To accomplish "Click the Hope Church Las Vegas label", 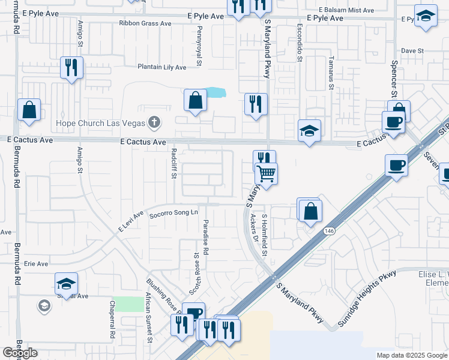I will tap(101, 123).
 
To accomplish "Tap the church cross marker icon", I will tap(154, 123).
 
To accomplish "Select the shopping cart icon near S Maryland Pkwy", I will tap(267, 175).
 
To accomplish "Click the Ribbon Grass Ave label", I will tap(145, 23).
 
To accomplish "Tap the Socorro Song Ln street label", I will tap(173, 213).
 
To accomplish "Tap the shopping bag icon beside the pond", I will tap(195, 101).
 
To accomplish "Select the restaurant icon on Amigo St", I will tap(71, 68).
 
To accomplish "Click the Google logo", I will tap(20, 353).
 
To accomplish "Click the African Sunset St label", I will tap(149, 318).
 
